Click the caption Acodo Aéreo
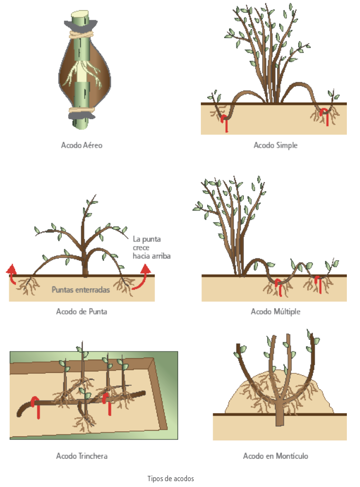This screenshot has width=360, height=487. click(82, 145)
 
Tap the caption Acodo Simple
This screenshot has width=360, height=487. click(275, 145)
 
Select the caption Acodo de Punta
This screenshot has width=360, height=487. click(81, 312)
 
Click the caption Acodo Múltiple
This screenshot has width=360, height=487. click(275, 312)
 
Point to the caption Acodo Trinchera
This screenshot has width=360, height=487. click(82, 456)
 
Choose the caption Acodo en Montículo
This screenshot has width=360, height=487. click(275, 456)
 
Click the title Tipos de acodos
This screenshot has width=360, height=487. click(170, 479)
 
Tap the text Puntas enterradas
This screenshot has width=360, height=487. click(81, 290)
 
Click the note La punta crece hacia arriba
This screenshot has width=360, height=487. click(151, 247)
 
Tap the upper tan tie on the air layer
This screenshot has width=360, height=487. click(81, 34)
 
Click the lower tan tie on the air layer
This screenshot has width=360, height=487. click(81, 110)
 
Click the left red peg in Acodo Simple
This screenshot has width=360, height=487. click(225, 123)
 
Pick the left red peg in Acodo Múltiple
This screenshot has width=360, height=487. click(279, 287)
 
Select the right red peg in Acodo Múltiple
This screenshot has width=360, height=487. click(318, 284)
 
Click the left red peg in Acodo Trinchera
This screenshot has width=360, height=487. click(36, 407)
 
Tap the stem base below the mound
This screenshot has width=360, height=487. click(280, 419)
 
